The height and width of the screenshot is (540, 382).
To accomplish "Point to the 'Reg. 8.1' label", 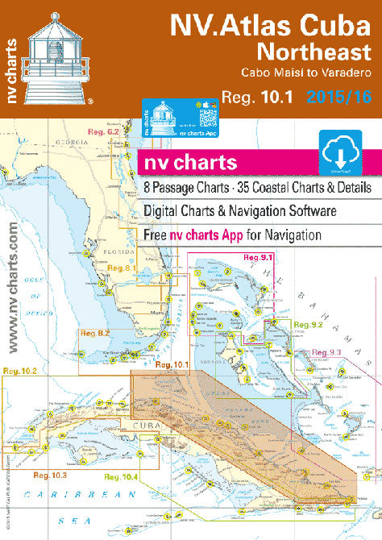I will [x=121, y=268].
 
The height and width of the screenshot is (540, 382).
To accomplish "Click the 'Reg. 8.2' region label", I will [x=95, y=333].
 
